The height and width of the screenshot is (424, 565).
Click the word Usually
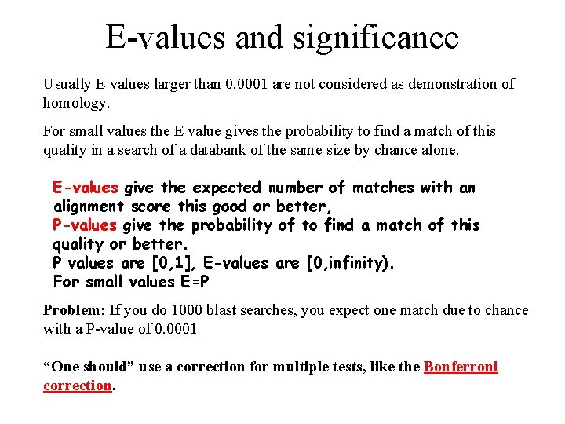click(67, 84)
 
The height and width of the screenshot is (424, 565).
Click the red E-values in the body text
click(86, 188)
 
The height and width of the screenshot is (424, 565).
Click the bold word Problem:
click(75, 310)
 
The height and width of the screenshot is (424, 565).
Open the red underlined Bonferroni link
click(461, 367)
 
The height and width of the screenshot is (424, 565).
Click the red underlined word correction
click(78, 386)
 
